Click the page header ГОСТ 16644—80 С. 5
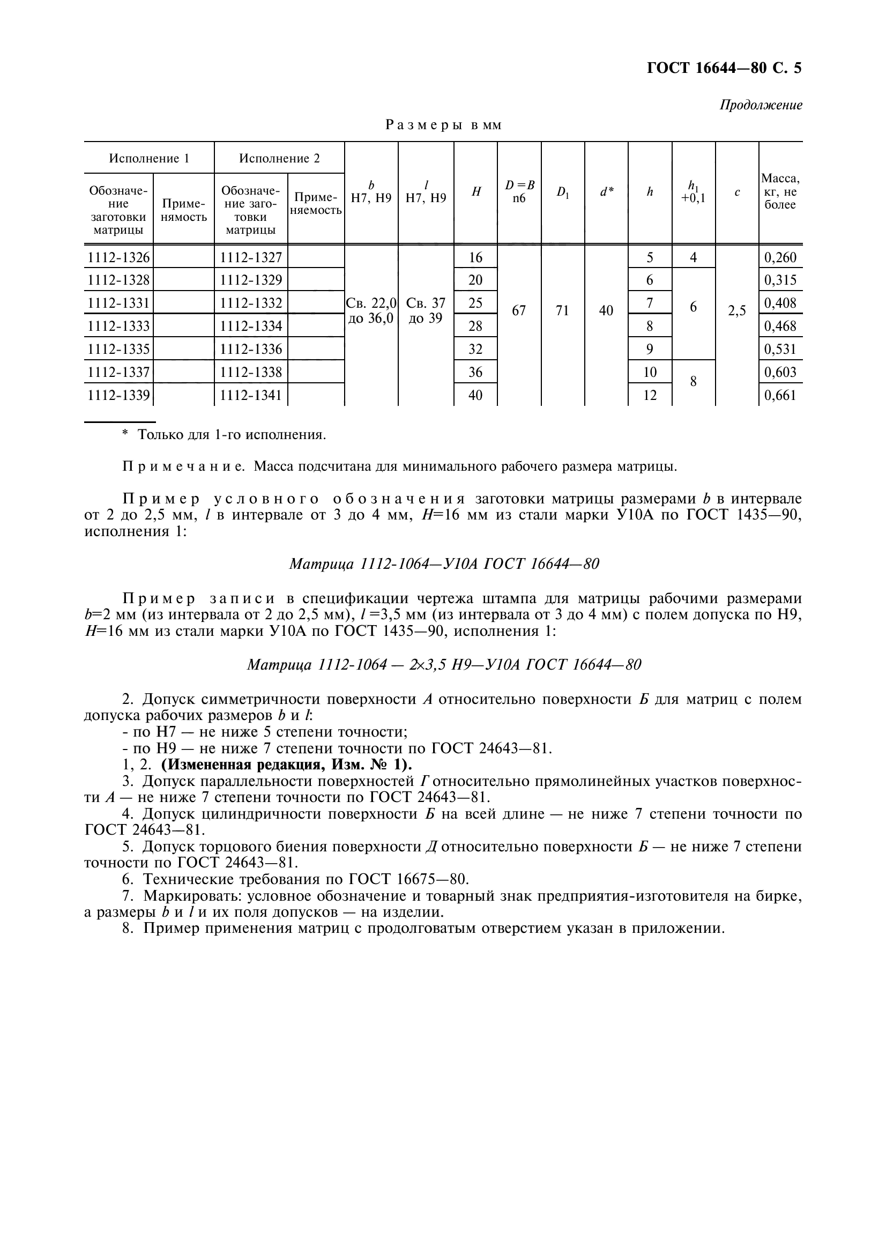pyautogui.click(x=724, y=68)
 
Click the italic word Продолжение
pyautogui.click(x=761, y=105)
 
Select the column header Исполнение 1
pyautogui.click(x=149, y=158)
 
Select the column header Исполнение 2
pyautogui.click(x=279, y=158)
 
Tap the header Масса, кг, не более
pyautogui.click(x=780, y=192)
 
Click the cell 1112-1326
pyautogui.click(x=118, y=257)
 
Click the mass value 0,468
pyautogui.click(x=780, y=326)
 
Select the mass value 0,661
pyautogui.click(x=780, y=395)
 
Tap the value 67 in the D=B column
pyautogui.click(x=519, y=311)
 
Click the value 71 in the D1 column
pyautogui.click(x=562, y=311)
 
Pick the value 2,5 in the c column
pyautogui.click(x=736, y=311)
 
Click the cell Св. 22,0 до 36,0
pyautogui.click(x=371, y=311)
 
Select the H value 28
pyautogui.click(x=475, y=326)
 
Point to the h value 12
pyautogui.click(x=650, y=395)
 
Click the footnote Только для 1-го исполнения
pyautogui.click(x=231, y=434)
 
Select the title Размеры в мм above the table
pyautogui.click(x=443, y=125)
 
